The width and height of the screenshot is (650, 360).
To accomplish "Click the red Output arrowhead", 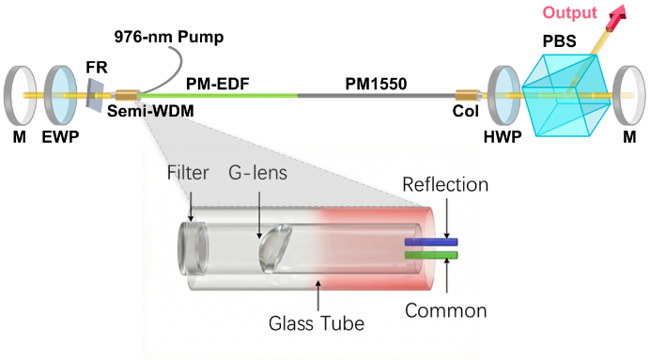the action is (x=617, y=15).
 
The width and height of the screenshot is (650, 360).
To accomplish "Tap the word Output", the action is (x=570, y=13).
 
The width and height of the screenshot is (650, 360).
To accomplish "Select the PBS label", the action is (x=560, y=41).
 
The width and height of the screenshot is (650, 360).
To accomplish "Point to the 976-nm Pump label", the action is (x=169, y=37).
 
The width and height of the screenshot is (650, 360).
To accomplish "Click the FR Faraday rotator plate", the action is (x=95, y=96).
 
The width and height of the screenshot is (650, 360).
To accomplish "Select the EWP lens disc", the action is (x=60, y=95).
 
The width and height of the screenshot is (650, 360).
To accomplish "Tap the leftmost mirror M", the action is (x=20, y=95).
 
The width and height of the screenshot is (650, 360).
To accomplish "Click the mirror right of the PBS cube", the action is (x=628, y=95).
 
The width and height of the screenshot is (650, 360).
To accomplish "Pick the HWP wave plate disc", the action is (x=504, y=95).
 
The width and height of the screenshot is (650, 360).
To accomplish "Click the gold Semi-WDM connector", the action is (x=126, y=96).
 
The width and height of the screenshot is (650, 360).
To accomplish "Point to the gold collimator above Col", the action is (x=467, y=96).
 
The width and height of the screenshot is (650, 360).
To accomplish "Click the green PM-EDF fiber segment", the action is (x=218, y=95).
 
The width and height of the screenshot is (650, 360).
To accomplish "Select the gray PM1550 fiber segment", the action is (x=377, y=95).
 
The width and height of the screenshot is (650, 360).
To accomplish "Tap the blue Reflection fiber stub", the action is (x=431, y=242).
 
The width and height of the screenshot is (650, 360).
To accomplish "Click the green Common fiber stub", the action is (x=431, y=255).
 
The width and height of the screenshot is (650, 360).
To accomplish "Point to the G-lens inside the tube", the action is (x=275, y=248).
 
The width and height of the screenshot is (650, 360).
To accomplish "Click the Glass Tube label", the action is (x=317, y=323).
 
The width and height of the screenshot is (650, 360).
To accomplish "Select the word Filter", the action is (x=188, y=173).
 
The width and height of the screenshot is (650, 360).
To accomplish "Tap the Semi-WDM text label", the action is (x=150, y=111).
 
